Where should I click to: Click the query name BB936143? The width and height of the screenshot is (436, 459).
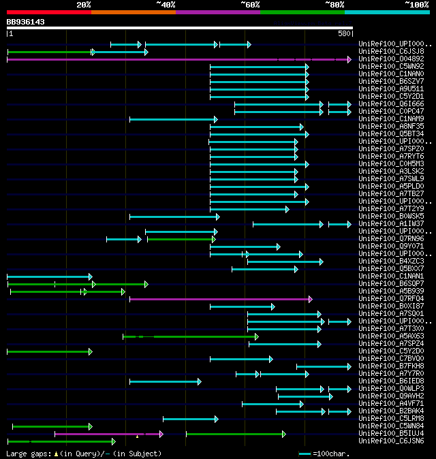(x=25, y=22)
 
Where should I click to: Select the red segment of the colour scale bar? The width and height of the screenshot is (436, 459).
(x=48, y=12)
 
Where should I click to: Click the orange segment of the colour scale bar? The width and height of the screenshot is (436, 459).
(x=133, y=12)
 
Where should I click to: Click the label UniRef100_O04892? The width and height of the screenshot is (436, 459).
(x=391, y=59)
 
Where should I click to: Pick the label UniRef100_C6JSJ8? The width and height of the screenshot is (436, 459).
(x=391, y=52)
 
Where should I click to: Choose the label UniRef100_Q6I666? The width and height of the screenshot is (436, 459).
(x=391, y=104)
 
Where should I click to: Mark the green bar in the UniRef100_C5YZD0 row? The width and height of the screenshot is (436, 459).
(x=48, y=351)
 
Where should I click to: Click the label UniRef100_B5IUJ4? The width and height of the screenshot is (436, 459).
(x=391, y=434)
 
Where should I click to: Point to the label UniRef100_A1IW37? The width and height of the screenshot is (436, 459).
(x=391, y=224)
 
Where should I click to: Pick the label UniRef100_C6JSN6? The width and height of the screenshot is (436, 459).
(x=391, y=441)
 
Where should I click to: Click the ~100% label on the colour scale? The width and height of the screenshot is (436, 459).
(x=416, y=4)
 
